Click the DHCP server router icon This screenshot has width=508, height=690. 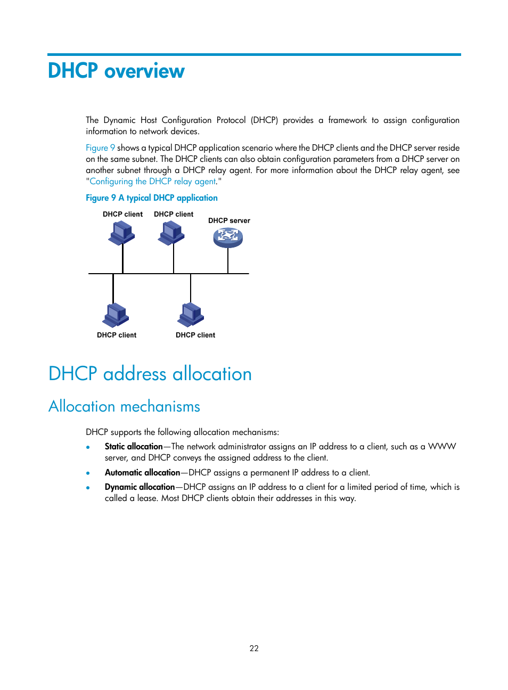tap(228, 237)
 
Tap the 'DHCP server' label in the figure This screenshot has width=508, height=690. tap(229, 220)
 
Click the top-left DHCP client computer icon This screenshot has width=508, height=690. tap(122, 233)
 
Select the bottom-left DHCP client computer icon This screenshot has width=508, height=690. tap(116, 315)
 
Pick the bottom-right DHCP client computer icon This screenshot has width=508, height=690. tap(191, 315)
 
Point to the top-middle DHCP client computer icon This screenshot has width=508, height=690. tap(171, 233)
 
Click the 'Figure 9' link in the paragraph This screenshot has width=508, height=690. tap(100, 148)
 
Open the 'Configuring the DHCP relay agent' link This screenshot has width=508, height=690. tap(153, 182)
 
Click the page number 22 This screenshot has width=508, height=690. tap(254, 648)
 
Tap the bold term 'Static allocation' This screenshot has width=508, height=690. tap(134, 447)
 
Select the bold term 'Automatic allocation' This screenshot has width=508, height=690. tap(142, 473)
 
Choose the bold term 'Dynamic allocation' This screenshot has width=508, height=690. tap(140, 487)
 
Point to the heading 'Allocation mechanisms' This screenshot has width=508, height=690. tap(124, 406)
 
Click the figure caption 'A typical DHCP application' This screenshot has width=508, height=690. tap(168, 198)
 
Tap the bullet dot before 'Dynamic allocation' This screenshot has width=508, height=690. tap(88, 487)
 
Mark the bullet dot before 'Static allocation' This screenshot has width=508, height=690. tap(88, 447)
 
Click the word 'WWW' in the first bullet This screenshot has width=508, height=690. tap(442, 447)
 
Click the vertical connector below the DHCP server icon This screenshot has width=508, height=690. tap(228, 261)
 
